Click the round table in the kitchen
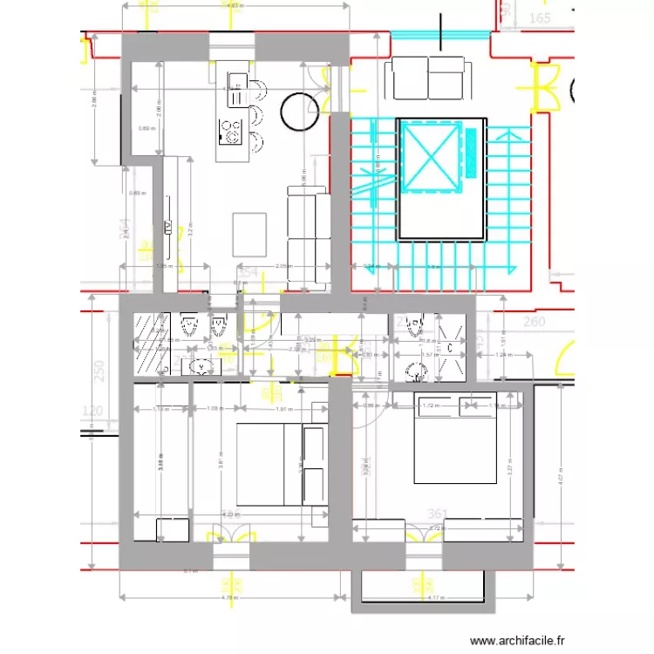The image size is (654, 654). coord(298,111)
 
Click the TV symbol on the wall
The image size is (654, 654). coord(169,228)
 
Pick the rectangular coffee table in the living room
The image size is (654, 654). coord(251,234)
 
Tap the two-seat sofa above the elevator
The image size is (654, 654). coord(428,78)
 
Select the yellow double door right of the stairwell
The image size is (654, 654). coord(547,86)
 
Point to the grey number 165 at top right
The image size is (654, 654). coord(540,17)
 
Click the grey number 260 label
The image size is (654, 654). coord(534,322)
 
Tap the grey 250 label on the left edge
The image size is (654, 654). coord(99,372)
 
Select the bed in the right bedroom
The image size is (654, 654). coord(454,439)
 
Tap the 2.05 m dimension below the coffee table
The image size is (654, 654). coord(283,266)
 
